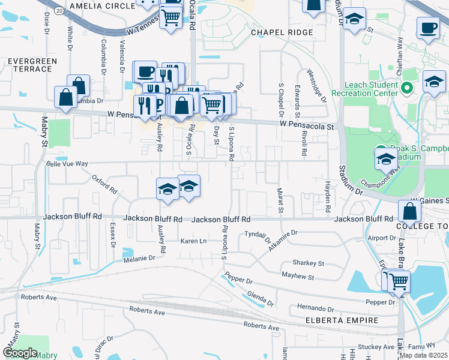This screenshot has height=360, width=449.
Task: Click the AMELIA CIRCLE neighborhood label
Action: (103, 5)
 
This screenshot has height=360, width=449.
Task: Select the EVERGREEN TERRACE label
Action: (29, 65)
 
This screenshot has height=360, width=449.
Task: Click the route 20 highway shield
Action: (58, 11)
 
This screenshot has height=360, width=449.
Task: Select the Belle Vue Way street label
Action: (67, 163)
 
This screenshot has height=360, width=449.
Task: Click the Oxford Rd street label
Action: (104, 184)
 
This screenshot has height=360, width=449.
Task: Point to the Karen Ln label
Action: (194, 241)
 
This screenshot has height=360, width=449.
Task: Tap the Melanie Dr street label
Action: (139, 257)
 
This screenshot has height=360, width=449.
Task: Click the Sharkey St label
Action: (308, 263)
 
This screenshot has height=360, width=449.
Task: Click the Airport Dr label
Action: (382, 238)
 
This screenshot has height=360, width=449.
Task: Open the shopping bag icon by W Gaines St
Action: (409, 211)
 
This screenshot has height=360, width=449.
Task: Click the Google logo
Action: (20, 353)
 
